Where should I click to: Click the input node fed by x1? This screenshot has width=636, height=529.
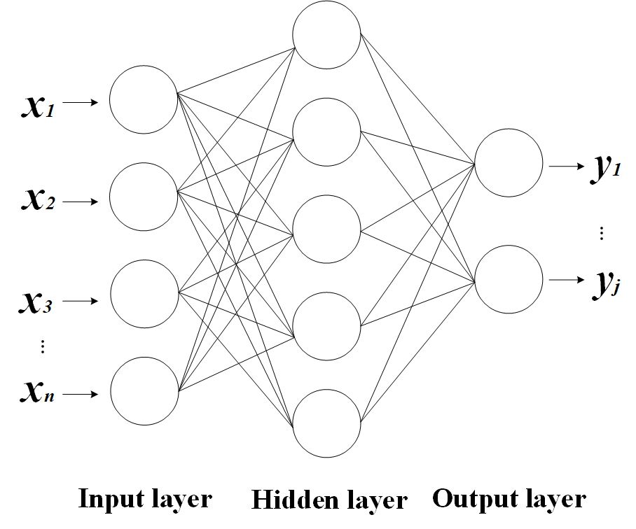tap(144, 99)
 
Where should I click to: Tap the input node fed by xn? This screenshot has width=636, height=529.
tap(144, 390)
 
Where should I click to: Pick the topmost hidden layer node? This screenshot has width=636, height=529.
tap(326, 35)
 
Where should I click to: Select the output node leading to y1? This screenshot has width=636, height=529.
tap(509, 162)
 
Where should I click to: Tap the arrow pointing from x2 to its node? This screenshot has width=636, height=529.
tap(83, 202)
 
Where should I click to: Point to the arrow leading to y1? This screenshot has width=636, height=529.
tap(566, 167)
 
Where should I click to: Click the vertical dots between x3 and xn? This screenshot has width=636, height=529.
tap(43, 346)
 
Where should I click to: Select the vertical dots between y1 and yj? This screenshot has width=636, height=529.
tap(602, 233)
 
